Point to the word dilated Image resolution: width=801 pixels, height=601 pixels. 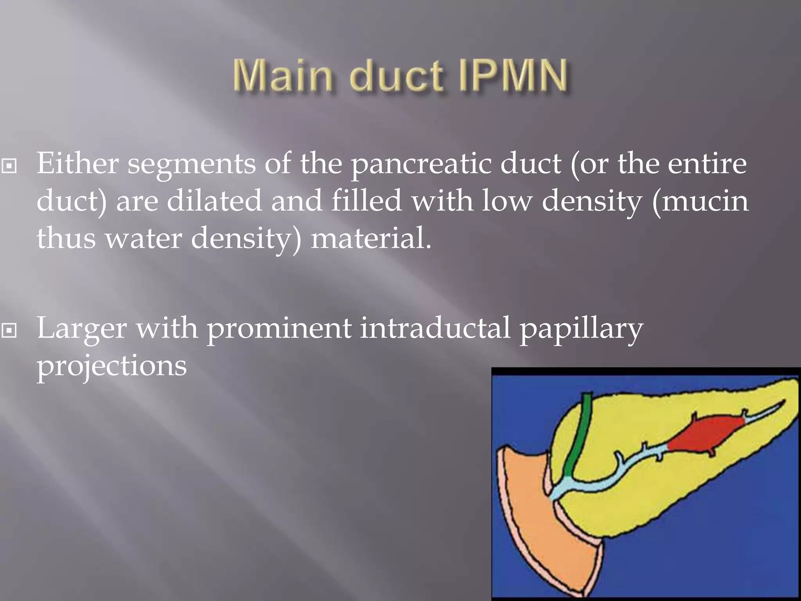coord(214,200)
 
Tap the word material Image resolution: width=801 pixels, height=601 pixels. coord(371,238)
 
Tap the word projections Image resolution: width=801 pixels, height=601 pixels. coord(112,366)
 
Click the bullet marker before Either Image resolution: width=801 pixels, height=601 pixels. coord(9,166)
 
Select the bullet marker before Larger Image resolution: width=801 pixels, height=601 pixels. coord(9,331)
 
